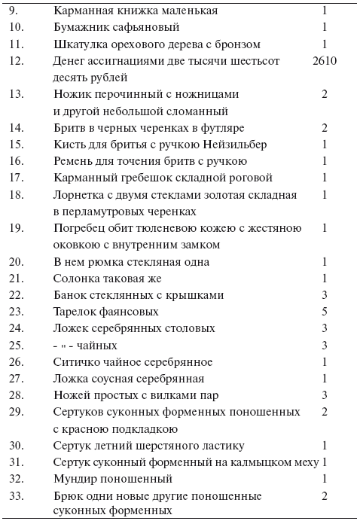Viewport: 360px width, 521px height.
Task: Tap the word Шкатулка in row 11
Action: point(79,44)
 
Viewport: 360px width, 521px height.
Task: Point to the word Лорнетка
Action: point(79,195)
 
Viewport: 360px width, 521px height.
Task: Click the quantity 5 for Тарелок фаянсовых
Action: point(325,311)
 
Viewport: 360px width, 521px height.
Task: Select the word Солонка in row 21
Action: point(77,279)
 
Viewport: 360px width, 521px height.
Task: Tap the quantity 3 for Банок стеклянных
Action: point(325,294)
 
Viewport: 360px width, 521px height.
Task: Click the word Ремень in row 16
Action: point(75,161)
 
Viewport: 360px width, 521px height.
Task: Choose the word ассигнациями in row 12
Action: point(126,61)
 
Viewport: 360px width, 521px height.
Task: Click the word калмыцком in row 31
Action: point(249,462)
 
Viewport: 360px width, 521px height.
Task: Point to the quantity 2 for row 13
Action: point(325,94)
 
